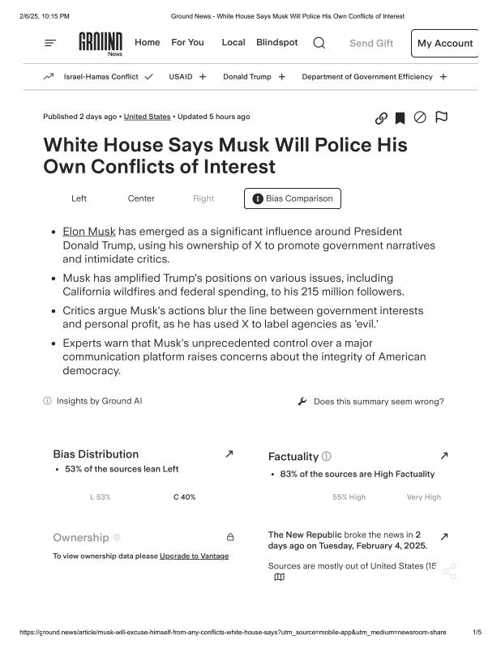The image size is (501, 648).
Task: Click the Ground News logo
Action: coord(101,44)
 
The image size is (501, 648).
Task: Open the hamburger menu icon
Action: coord(50,43)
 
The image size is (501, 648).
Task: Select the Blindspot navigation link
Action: coord(276,43)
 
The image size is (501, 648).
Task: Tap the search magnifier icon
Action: coord(319,43)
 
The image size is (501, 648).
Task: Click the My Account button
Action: coord(444,44)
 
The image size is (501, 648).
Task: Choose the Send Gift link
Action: coord(371,44)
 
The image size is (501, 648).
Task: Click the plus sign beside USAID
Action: coord(203,77)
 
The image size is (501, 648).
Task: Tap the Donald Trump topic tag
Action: coord(246,77)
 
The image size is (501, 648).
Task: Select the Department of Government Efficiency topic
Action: coord(366,77)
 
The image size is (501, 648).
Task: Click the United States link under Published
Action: coord(147,117)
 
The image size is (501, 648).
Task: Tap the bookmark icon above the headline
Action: coord(400,118)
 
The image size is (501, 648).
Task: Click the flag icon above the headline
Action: coord(442,117)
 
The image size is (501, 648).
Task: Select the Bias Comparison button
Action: coord(293,198)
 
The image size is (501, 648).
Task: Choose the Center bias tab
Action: coord(141,198)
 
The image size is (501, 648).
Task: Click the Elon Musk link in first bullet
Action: coord(89,232)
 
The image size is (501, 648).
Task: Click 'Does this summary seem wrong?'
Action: coord(378,402)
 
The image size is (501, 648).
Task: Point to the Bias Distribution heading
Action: coord(96,454)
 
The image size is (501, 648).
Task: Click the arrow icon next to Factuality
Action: coord(443,456)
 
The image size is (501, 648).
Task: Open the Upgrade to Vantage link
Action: coord(194,556)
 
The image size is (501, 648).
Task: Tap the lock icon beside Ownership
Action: coord(230,537)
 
